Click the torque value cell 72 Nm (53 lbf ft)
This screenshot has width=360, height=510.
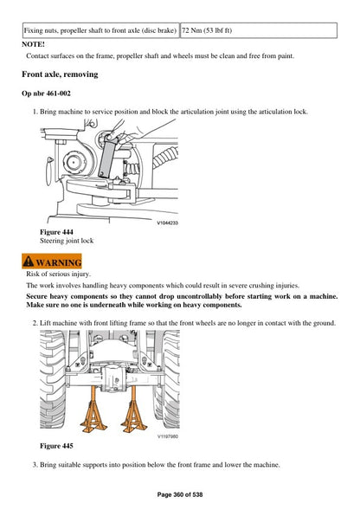(213, 29)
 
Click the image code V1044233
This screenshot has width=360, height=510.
(166, 223)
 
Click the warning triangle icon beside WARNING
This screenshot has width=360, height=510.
(29, 262)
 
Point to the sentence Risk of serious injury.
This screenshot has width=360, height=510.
(59, 274)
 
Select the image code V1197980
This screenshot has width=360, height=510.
(167, 436)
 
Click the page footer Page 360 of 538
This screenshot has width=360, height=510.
(180, 494)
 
